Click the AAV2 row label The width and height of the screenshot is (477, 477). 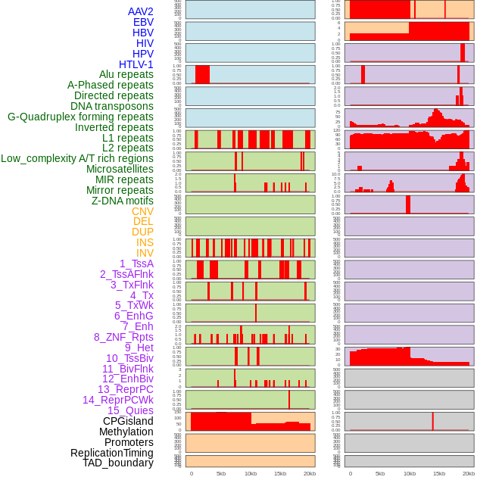(x=141, y=11)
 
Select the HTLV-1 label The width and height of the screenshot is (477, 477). (x=136, y=64)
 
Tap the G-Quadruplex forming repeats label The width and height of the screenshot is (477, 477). (x=80, y=117)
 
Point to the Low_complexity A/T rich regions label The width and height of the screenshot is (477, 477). (x=77, y=158)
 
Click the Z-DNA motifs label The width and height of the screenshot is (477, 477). (x=123, y=201)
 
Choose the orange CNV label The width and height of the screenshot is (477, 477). (x=142, y=211)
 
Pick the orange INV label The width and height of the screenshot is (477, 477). (x=145, y=253)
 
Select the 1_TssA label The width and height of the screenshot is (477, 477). (x=136, y=263)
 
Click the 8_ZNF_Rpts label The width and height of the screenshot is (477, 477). (x=123, y=337)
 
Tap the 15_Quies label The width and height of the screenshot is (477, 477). (x=130, y=410)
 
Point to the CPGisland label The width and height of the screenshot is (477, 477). (x=128, y=421)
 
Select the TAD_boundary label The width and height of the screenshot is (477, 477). (x=118, y=463)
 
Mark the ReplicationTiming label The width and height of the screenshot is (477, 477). (x=111, y=453)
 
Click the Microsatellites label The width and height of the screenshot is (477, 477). (x=120, y=169)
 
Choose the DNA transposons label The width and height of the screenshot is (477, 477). (x=112, y=106)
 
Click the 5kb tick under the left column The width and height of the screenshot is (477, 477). (x=221, y=473)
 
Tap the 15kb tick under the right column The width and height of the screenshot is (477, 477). (x=439, y=473)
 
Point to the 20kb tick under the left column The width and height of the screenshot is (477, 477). (x=310, y=473)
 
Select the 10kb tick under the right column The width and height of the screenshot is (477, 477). (x=410, y=473)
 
